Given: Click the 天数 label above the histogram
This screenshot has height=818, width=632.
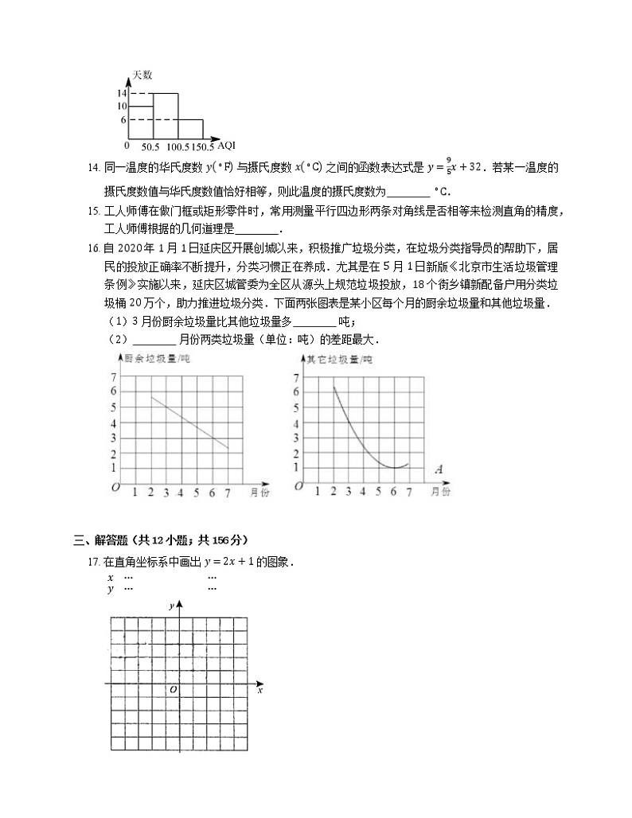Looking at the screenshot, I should click(142, 74).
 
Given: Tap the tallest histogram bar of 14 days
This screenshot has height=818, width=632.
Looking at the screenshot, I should click(165, 116).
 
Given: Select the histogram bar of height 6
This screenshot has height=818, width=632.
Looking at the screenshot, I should click(190, 130).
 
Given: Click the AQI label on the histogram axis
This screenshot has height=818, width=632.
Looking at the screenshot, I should click(226, 145).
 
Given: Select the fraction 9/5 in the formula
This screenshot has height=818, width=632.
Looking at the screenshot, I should click(449, 167).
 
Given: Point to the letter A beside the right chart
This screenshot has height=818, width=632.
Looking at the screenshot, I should click(439, 469).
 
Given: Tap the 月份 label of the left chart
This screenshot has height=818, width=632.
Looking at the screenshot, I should click(256, 493).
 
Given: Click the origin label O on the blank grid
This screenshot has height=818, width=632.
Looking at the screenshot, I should click(173, 690).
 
